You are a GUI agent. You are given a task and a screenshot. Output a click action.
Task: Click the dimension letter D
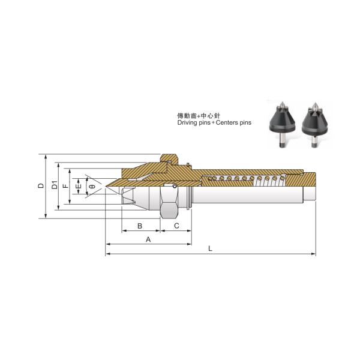tap(40, 186)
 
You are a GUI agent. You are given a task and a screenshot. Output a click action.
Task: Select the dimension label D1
tap(55, 186)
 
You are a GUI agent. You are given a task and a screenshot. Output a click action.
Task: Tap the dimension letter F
tap(66, 186)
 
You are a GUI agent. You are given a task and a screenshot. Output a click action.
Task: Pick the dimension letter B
tap(140, 226)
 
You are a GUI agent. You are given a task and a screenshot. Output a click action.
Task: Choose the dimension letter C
tap(176, 226)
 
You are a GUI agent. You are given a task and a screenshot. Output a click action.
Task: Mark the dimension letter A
tap(148, 239)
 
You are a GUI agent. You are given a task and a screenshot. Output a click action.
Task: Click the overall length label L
tap(209, 248)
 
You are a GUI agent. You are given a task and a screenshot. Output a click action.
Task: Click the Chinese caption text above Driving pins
tap(197, 114)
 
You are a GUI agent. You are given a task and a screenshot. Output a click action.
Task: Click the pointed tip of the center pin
tap(107, 187)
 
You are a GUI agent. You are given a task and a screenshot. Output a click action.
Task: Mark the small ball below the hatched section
tap(175, 185)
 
